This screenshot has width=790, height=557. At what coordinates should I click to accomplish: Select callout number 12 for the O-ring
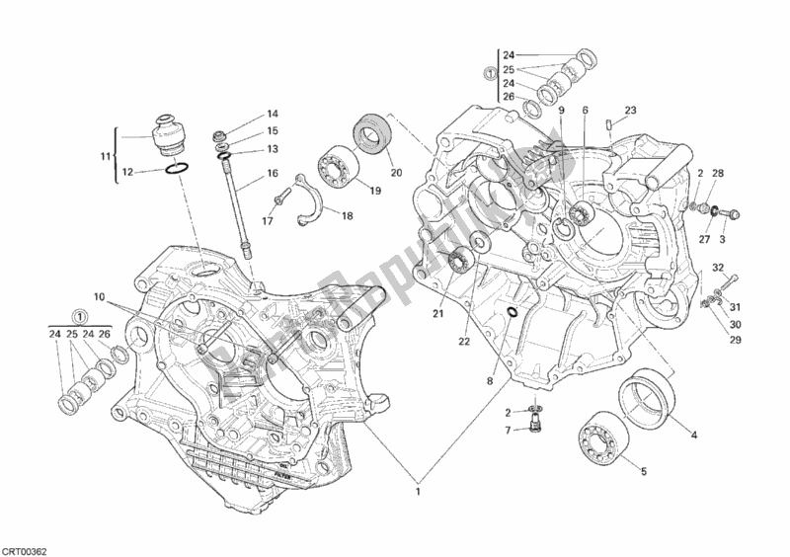pyautogui.click(x=127, y=172)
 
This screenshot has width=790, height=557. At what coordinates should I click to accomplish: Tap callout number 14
pyautogui.click(x=272, y=114)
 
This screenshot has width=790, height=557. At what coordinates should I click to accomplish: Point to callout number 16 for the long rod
pyautogui.click(x=272, y=174)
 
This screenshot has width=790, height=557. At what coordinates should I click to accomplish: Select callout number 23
pyautogui.click(x=631, y=110)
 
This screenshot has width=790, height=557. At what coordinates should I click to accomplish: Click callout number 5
pyautogui.click(x=643, y=472)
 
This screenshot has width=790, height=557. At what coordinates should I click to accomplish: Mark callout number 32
pyautogui.click(x=719, y=267)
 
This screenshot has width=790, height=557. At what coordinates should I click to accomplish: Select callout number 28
pyautogui.click(x=719, y=174)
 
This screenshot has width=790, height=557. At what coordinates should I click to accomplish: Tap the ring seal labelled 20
pyautogui.click(x=372, y=132)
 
